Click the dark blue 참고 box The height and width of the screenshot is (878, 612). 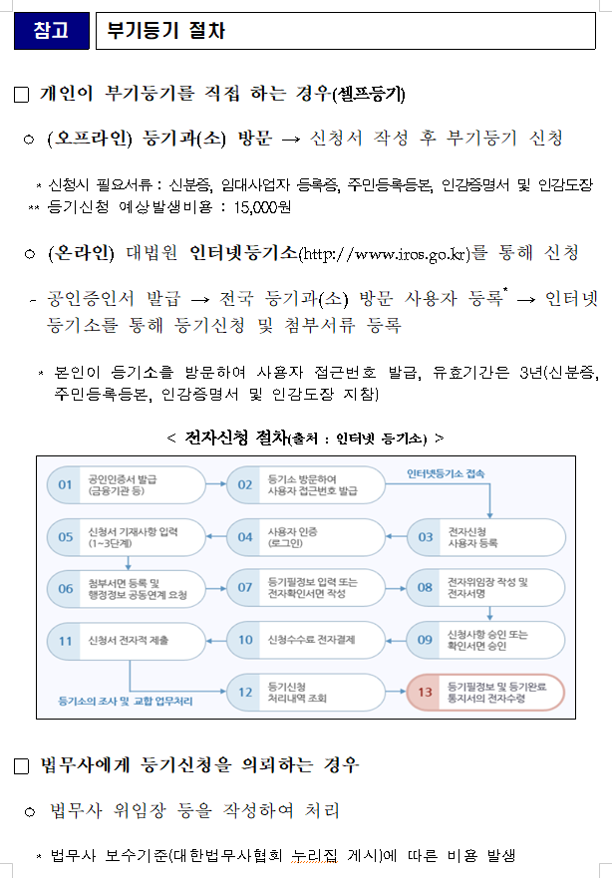50,30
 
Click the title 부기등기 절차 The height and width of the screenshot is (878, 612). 166,30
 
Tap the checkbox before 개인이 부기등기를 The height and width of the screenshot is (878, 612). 21,95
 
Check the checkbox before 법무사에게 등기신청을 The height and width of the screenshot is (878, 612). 21,766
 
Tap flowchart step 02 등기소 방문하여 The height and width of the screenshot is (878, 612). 305,484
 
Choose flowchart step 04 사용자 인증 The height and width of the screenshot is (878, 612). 305,537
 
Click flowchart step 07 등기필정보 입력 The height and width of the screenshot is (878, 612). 305,588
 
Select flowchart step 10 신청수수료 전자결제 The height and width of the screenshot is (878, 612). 305,639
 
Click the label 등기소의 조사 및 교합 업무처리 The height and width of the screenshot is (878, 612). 126,701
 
